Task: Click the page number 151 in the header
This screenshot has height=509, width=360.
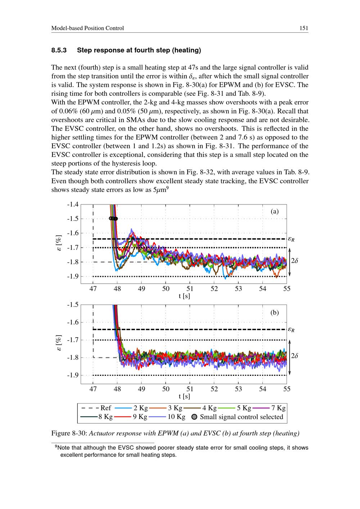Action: click(x=304, y=28)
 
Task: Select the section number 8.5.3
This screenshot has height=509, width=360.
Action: click(x=59, y=50)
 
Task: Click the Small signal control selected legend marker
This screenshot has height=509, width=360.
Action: click(x=194, y=417)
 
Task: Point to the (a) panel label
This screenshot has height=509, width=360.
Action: click(x=275, y=212)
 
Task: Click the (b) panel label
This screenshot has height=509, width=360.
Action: click(x=275, y=312)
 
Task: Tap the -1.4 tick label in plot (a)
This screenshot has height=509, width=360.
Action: click(x=73, y=204)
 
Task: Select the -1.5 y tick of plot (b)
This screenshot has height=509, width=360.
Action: click(x=73, y=305)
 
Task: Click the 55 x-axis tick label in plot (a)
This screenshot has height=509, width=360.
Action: click(x=287, y=289)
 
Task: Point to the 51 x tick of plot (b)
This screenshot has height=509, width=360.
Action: click(x=190, y=389)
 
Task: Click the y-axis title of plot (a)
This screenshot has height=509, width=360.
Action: click(x=60, y=244)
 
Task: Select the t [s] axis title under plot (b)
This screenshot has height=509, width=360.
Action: click(x=184, y=396)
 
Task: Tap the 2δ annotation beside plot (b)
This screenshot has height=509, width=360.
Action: click(x=295, y=356)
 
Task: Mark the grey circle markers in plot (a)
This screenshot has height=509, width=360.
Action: click(x=113, y=218)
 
